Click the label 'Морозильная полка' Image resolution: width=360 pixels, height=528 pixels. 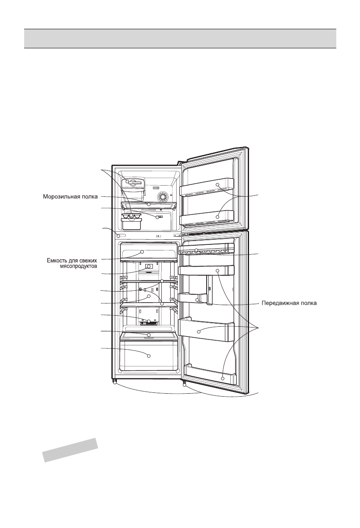71,196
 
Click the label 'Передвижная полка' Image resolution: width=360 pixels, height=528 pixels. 288,303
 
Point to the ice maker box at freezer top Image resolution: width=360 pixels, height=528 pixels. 133,183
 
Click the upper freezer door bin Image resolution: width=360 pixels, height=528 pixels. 208,187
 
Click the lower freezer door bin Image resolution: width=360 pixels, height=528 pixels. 208,217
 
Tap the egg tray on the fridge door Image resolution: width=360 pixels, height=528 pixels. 206,251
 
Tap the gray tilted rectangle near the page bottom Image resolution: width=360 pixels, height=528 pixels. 70,450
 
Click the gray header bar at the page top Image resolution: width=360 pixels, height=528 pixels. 180,39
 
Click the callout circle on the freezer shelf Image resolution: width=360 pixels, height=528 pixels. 149,204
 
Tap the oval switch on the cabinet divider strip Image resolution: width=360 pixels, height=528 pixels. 119,236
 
